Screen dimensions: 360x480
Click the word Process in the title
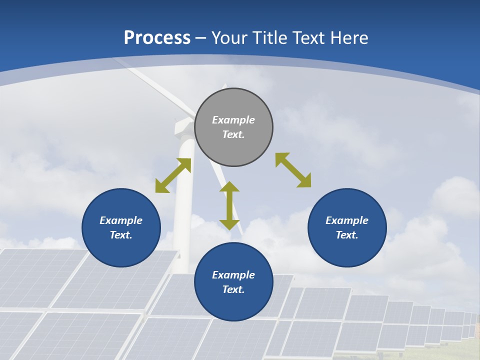[157, 37]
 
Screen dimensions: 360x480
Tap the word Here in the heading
[348, 37]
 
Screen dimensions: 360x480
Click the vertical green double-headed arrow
[229, 205]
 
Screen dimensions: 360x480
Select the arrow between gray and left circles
[173, 175]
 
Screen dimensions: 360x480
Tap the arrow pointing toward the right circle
[293, 170]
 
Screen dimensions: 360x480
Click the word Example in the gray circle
[233, 120]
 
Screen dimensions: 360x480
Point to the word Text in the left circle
[121, 235]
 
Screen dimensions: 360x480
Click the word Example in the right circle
[347, 220]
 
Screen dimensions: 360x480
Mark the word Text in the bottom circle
[233, 289]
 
